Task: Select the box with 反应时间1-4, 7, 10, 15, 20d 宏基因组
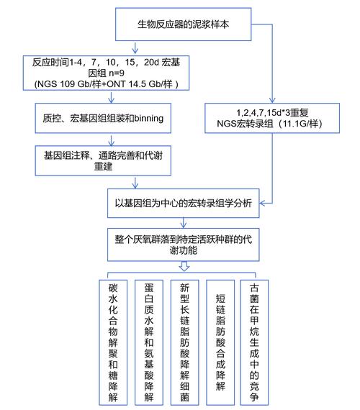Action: pos(102,73)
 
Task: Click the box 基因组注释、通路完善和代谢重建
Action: pos(102,159)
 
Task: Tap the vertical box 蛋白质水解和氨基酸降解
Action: pos(148,341)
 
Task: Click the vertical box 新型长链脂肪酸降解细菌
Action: pos(184,341)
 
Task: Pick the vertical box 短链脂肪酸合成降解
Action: pos(220,341)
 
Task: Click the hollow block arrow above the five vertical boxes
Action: pos(184,266)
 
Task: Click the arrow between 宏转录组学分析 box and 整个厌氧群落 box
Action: pos(184,223)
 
